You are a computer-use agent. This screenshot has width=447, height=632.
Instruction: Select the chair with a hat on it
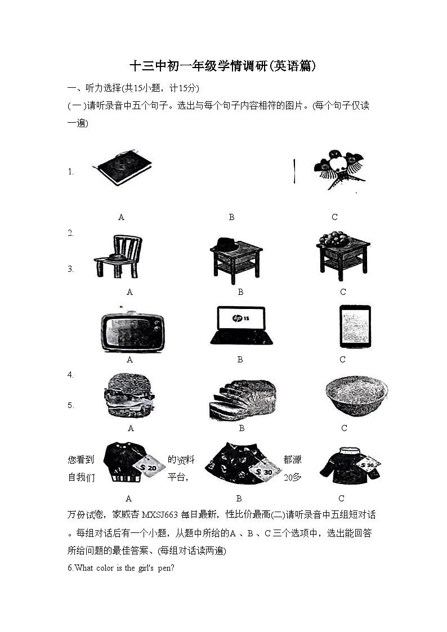click(119, 257)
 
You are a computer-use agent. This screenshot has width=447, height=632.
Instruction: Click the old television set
click(132, 330)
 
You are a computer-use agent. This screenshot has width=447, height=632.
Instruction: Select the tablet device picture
click(355, 326)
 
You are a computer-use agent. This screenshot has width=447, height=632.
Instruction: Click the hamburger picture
click(129, 396)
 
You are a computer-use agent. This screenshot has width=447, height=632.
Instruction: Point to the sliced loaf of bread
click(242, 400)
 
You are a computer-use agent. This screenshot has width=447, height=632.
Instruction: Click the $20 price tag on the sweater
click(149, 467)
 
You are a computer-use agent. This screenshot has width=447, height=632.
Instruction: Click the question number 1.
click(70, 172)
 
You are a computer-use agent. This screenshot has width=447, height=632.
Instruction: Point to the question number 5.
click(70, 405)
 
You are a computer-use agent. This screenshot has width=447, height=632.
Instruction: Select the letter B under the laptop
click(240, 360)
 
